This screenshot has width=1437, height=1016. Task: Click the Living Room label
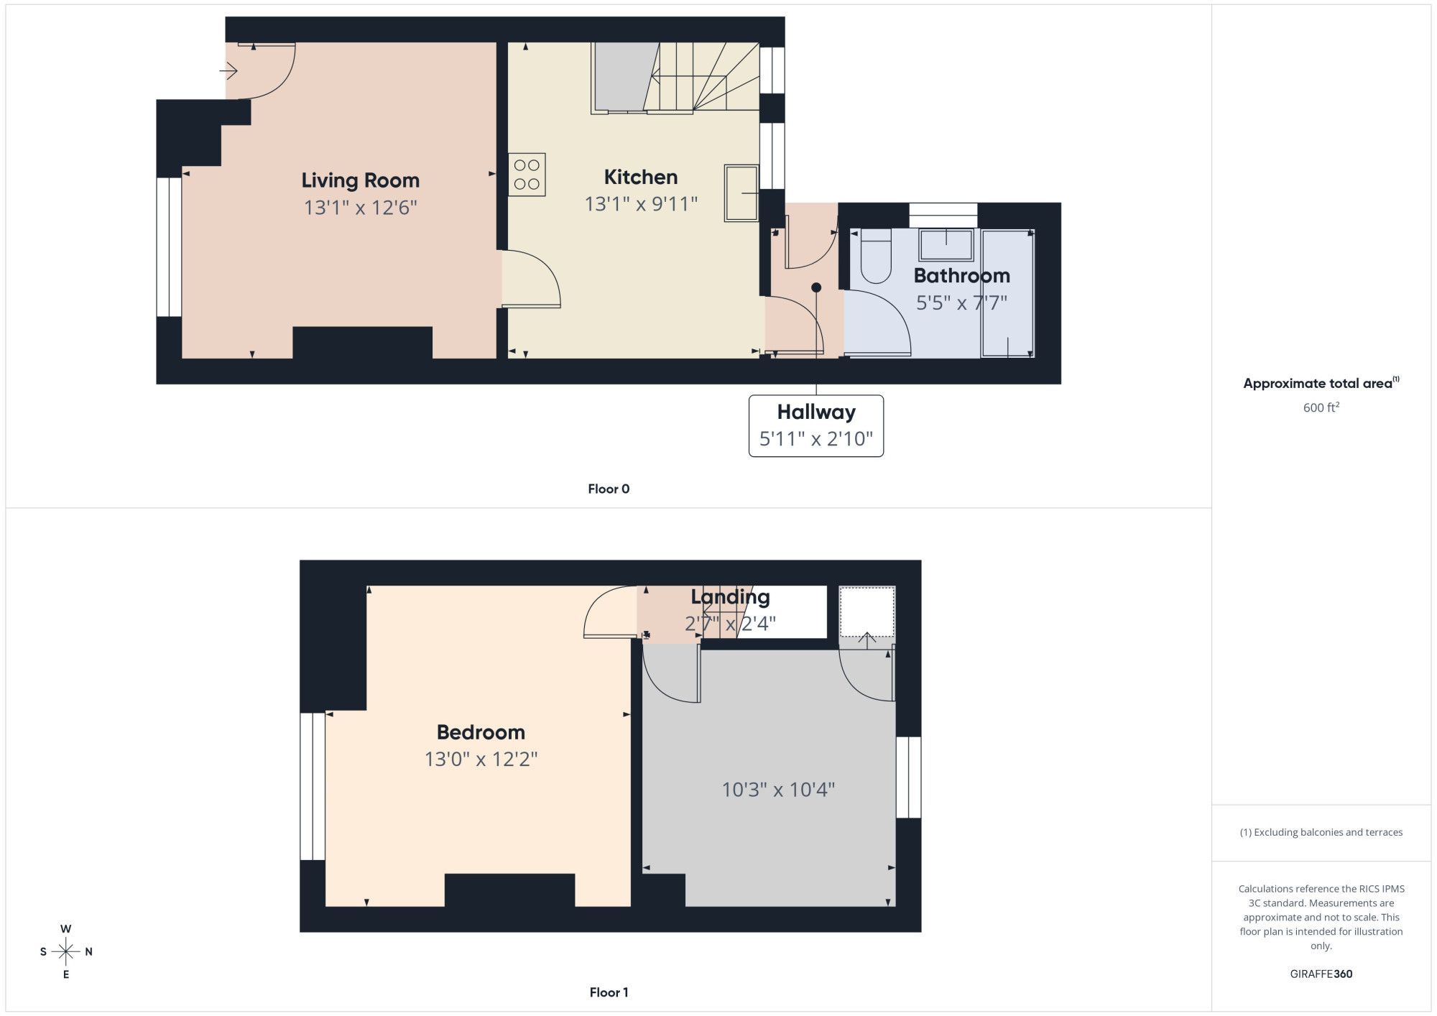pos(360,180)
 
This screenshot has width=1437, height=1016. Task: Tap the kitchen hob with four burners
pos(527,175)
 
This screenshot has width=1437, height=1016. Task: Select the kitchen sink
pos(741,193)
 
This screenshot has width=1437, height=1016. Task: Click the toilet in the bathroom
pos(875,256)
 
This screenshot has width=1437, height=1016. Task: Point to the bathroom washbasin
pos(946,245)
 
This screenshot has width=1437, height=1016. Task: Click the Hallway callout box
pos(816,425)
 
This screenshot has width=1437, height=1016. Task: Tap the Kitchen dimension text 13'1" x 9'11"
pos(641,204)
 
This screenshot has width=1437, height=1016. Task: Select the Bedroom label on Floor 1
pos(481,732)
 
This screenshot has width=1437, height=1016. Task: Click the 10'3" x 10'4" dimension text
pos(778,790)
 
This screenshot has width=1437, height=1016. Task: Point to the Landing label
pos(730,597)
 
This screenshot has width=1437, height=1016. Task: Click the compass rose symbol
pos(66,952)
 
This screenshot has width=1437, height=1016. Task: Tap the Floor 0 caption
pos(609,489)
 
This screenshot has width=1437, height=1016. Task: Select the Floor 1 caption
pos(609,992)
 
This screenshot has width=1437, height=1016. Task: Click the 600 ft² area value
pos(1321,407)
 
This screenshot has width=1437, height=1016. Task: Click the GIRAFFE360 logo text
pos(1321,974)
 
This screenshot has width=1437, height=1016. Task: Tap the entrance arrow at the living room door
pos(228,70)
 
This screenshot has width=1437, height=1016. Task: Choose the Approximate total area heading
pos(1321,383)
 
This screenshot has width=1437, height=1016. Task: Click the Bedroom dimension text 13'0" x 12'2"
pos(481,759)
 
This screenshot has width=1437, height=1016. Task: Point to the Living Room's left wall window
pos(169,247)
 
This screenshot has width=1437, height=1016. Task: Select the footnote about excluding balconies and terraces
pos(1321,832)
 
